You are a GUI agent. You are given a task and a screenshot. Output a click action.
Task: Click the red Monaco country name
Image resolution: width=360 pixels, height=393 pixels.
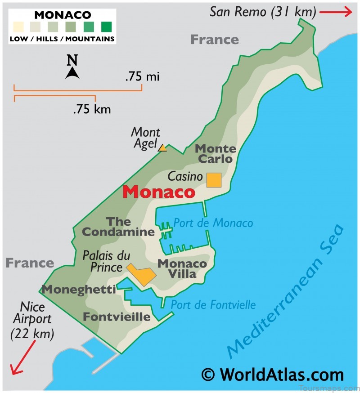click(x=159, y=192)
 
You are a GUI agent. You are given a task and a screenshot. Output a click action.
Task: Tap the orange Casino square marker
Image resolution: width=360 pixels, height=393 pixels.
click(x=214, y=180)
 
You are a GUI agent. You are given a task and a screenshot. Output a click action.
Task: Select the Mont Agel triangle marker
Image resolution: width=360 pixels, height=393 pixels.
click(x=162, y=147)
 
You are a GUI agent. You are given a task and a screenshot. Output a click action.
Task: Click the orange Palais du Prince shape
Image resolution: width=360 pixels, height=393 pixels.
click(x=141, y=274)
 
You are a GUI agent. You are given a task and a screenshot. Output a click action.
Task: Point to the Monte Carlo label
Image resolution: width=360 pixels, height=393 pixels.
click(x=215, y=154)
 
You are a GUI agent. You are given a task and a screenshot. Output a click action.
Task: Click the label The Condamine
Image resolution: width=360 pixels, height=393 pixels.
click(x=119, y=227)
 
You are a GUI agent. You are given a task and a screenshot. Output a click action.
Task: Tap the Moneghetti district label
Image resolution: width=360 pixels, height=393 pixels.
click(x=79, y=289)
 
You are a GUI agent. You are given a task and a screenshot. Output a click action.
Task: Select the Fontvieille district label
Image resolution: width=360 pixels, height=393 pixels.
click(x=117, y=317)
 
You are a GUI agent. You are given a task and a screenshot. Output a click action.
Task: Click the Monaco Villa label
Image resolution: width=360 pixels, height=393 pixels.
click(x=182, y=269)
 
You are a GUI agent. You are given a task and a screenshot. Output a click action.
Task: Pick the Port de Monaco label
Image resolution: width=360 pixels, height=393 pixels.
click(x=213, y=223)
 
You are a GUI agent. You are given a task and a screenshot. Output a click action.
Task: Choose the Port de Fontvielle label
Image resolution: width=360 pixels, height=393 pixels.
click(x=213, y=305)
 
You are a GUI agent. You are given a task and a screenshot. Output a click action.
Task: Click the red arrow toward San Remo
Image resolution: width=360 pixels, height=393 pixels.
click(x=335, y=12)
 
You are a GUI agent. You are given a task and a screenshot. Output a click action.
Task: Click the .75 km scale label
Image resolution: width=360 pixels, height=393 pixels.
click(x=92, y=109)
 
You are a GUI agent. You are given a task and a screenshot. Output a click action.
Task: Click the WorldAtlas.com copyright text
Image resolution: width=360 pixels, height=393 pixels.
click(x=272, y=375)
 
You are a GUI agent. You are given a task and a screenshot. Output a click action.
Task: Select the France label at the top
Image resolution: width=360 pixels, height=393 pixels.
click(x=214, y=40)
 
